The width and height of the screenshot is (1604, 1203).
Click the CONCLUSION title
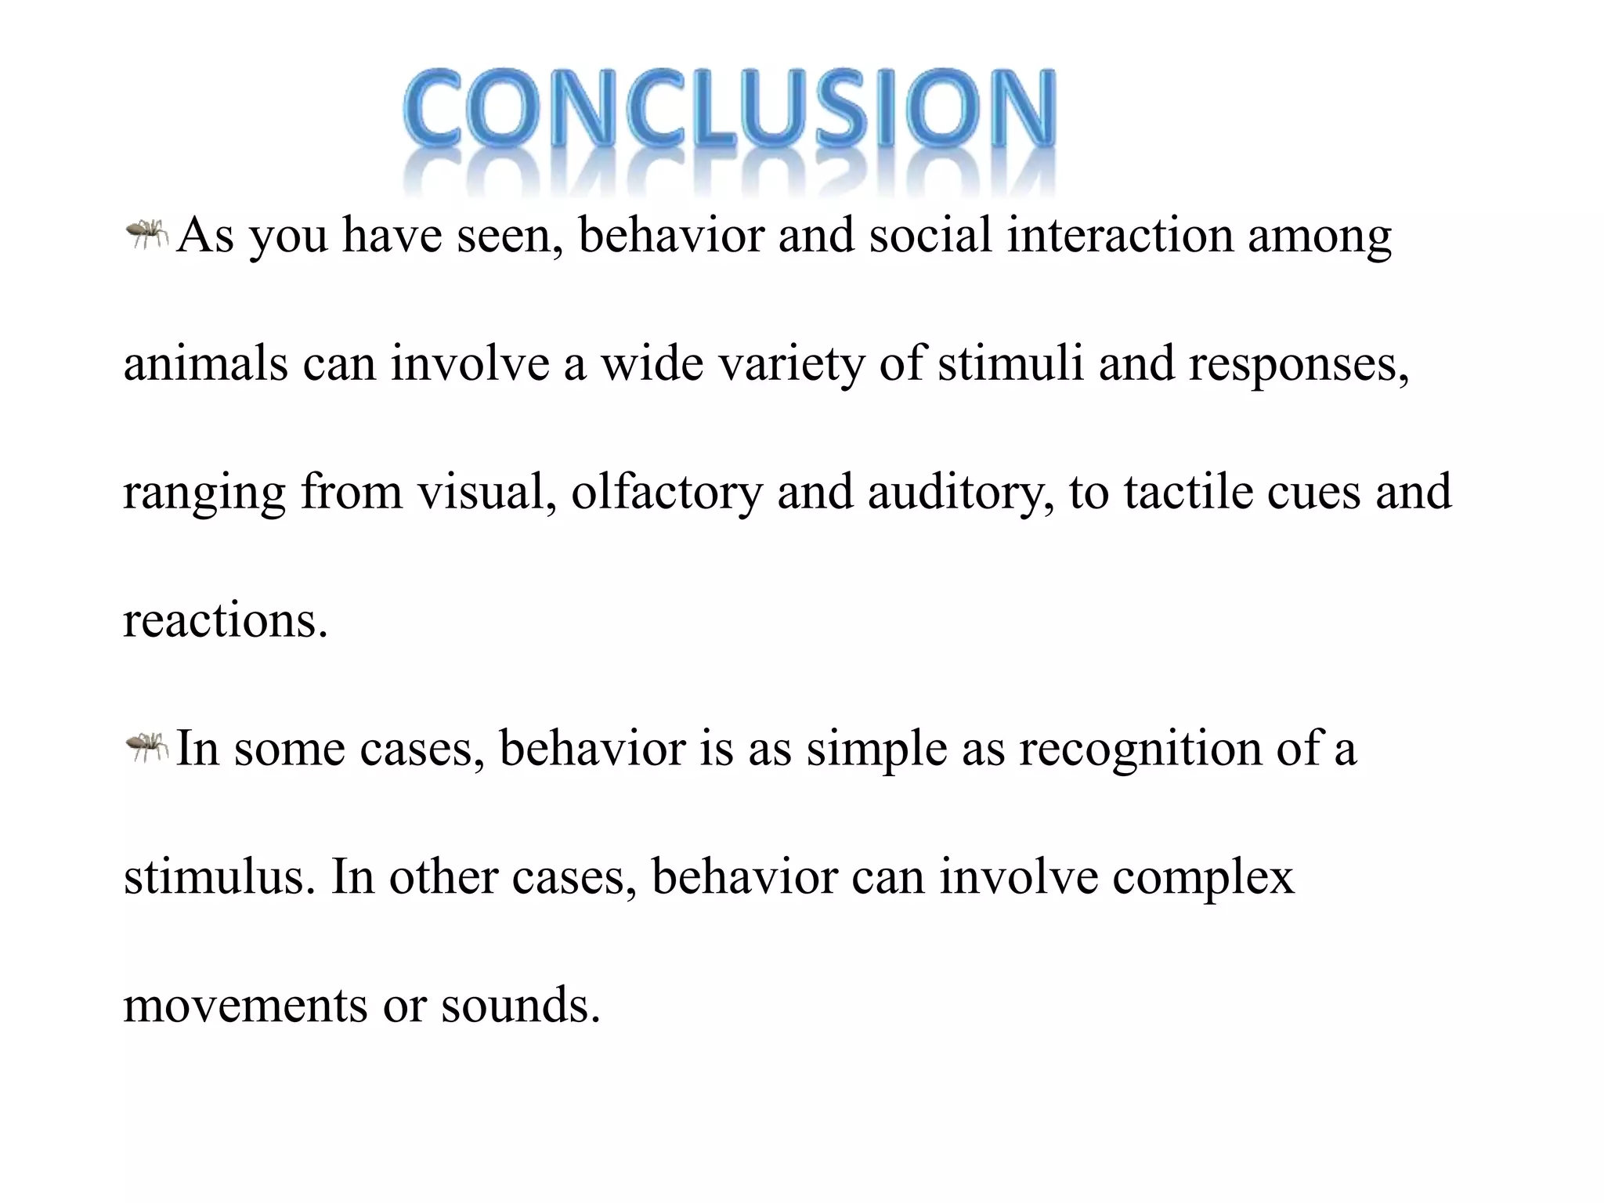click(729, 110)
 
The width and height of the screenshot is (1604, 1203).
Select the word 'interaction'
click(1120, 235)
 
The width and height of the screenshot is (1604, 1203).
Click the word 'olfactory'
click(667, 494)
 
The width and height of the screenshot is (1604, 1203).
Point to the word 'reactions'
click(224, 621)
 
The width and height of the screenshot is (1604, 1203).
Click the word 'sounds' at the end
click(518, 1006)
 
